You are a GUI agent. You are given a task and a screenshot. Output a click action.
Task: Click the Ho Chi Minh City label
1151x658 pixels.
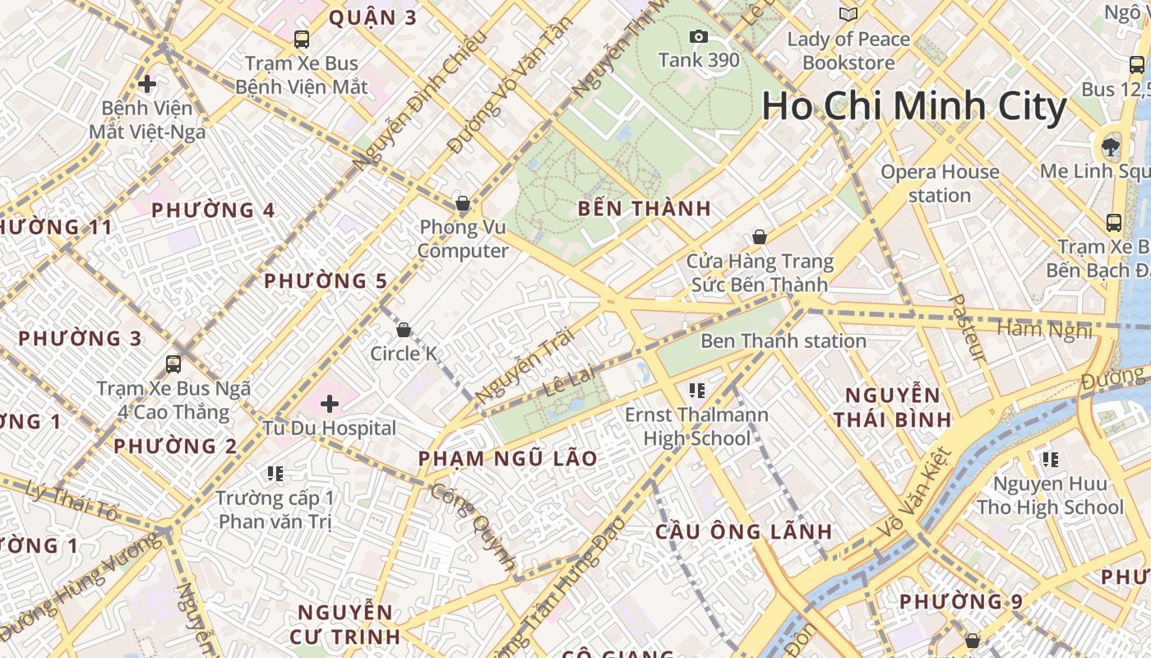[913, 107]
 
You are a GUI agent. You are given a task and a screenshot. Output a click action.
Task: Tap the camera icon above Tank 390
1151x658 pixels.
[699, 36]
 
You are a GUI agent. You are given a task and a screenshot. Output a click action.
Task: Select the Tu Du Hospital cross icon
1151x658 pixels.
[330, 404]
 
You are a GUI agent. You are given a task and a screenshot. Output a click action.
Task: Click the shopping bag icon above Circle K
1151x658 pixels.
[404, 330]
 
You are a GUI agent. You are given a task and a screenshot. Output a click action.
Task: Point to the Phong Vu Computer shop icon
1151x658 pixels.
[463, 203]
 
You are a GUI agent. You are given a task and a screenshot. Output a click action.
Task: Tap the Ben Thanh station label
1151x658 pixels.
[783, 341]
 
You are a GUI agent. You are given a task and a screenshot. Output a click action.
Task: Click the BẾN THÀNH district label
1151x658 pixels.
[644, 208]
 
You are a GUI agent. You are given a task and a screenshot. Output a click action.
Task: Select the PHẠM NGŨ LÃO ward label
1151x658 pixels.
[507, 458]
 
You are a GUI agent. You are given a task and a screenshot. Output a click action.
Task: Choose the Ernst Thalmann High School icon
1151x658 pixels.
[697, 390]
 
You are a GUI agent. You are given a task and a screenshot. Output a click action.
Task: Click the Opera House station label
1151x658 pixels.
[940, 183]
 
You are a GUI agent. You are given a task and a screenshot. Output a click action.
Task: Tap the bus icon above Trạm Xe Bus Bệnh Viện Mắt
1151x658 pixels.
[302, 39]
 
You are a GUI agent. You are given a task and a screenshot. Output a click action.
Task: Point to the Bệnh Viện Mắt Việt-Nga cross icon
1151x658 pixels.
[147, 84]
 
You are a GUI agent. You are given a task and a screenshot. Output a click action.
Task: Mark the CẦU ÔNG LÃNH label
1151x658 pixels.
[743, 531]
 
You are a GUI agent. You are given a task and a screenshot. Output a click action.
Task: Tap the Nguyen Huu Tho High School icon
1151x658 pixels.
[1050, 459]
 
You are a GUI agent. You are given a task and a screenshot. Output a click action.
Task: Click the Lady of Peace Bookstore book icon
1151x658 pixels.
[848, 14]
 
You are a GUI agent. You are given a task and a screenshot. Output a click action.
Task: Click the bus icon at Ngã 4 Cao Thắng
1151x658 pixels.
[173, 364]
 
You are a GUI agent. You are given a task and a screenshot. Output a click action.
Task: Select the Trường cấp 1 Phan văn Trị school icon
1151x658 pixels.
[275, 473]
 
